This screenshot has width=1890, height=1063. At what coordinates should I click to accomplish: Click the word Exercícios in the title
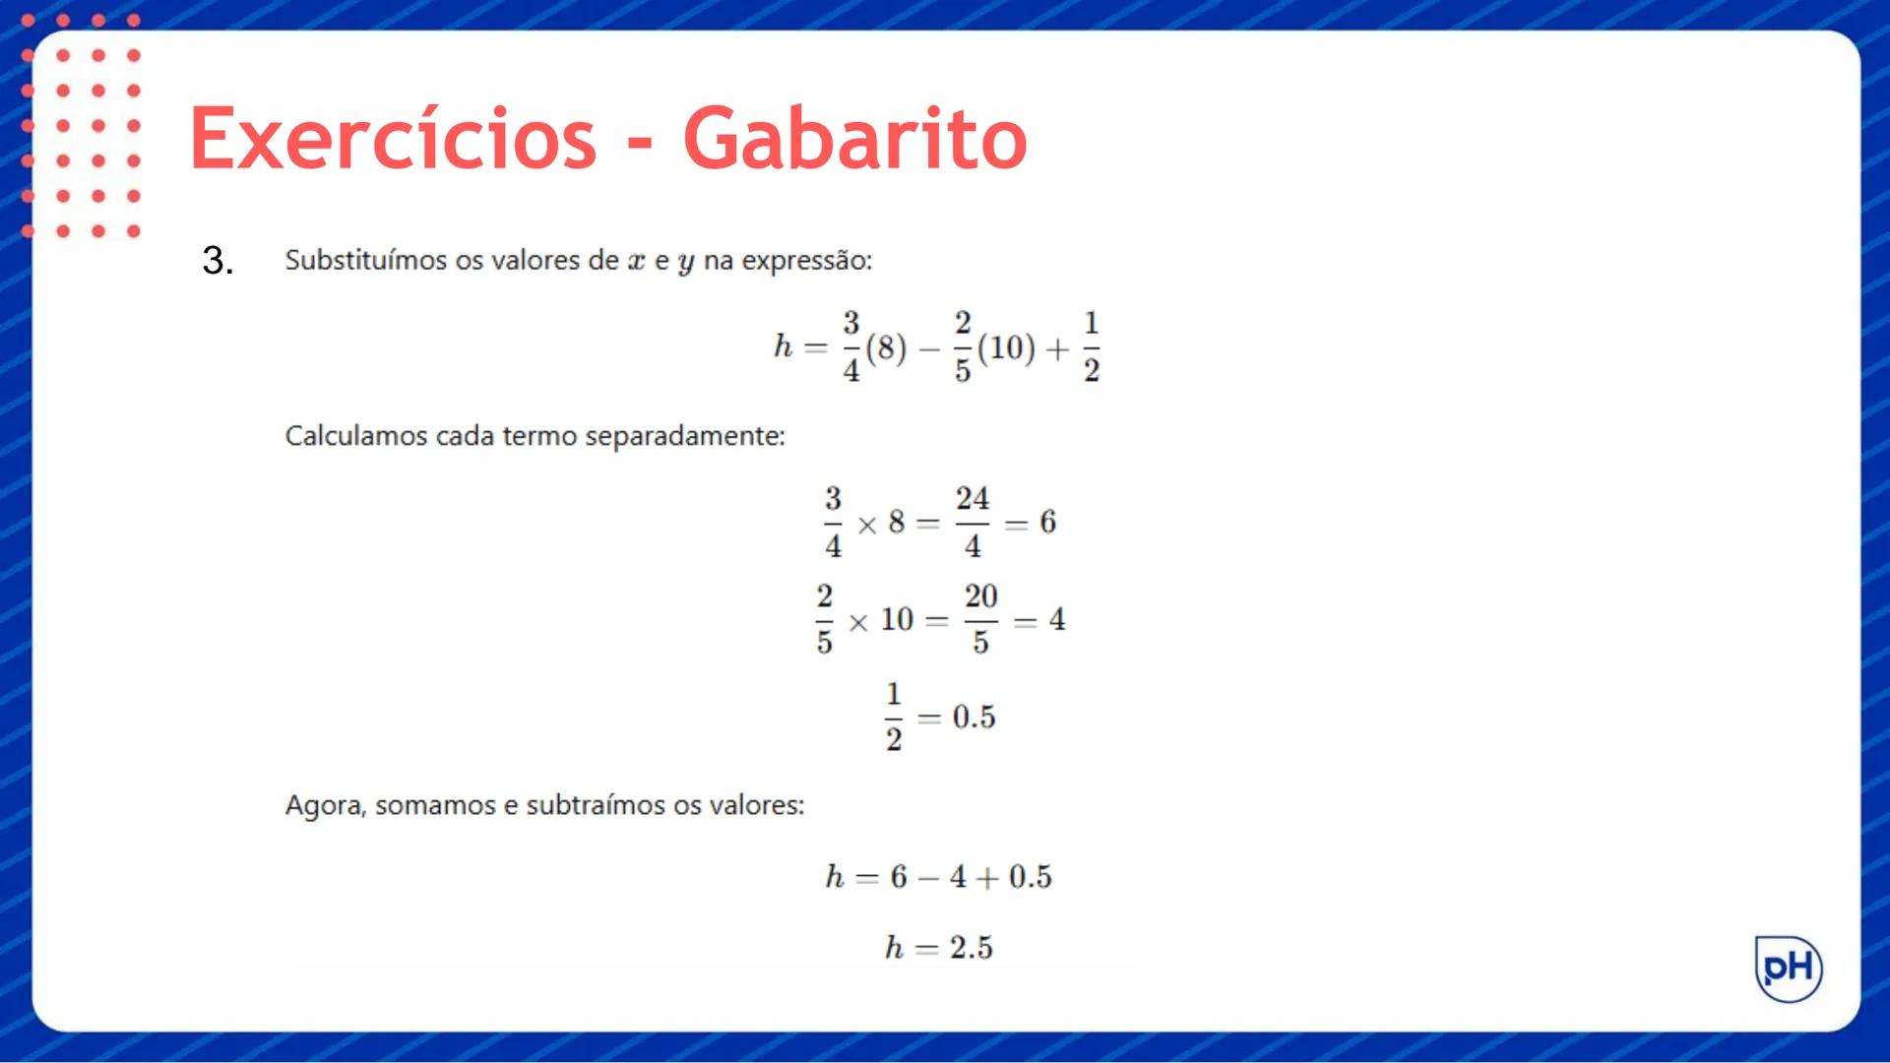pyautogui.click(x=393, y=139)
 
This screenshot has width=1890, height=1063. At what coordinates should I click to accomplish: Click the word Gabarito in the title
pyautogui.click(x=854, y=139)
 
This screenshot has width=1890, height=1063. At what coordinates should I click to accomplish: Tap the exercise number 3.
pyautogui.click(x=217, y=261)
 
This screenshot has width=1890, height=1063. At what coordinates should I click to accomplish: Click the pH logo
pyautogui.click(x=1789, y=969)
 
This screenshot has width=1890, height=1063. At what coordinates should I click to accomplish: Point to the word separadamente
pyautogui.click(x=684, y=436)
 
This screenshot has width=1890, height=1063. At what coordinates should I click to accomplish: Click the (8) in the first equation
pyautogui.click(x=886, y=347)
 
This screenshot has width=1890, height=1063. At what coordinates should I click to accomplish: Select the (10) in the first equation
pyautogui.click(x=1006, y=347)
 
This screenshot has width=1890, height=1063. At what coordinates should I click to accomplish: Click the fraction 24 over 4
pyautogui.click(x=973, y=522)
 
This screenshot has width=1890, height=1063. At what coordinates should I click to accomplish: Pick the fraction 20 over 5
pyautogui.click(x=980, y=619)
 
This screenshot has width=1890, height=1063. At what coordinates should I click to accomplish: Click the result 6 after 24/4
pyautogui.click(x=1047, y=522)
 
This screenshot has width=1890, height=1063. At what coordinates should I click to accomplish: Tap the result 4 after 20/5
pyautogui.click(x=1057, y=619)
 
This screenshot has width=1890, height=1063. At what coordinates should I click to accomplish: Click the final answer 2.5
pyautogui.click(x=972, y=948)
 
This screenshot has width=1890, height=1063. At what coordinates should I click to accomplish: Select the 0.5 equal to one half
pyautogui.click(x=974, y=718)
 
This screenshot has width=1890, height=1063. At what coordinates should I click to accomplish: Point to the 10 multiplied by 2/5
pyautogui.click(x=897, y=619)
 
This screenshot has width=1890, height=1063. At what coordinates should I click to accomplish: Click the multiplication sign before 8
pyautogui.click(x=867, y=525)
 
